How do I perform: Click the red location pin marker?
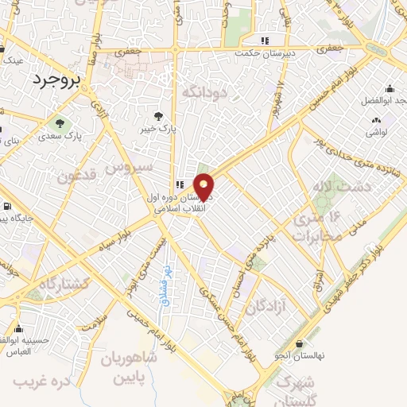(x=204, y=186)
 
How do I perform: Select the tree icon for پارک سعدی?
(x=59, y=123)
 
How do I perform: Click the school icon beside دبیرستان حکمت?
(x=266, y=40)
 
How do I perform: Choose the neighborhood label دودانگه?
(x=205, y=93)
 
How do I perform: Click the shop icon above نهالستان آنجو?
(x=299, y=344)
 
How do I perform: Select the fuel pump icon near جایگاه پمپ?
(x=7, y=207)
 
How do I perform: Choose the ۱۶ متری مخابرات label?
(x=318, y=227)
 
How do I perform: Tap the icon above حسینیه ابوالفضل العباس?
(x=18, y=327)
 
